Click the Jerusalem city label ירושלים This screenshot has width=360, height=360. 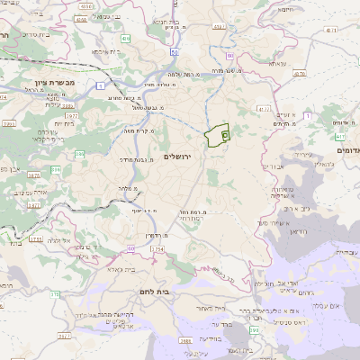coord(181,157)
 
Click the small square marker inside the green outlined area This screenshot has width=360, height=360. coord(224,133)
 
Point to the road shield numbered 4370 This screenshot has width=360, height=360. coord(300,75)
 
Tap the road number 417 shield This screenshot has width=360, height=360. coord(342,136)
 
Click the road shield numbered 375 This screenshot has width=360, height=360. coord(55,296)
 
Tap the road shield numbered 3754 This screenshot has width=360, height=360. coord(37,239)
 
